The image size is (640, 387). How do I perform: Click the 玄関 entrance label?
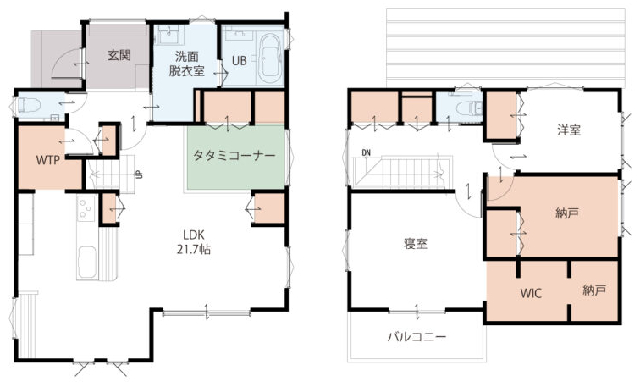[119, 55]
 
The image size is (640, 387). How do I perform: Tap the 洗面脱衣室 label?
[186, 64]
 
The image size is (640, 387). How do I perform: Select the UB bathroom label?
[240, 60]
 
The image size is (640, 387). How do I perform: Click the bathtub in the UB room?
[270, 56]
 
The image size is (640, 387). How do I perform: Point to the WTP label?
[48, 160]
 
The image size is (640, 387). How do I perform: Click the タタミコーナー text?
[234, 156]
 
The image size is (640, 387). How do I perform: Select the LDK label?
[194, 235]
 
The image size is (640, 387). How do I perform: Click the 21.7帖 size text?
[194, 249]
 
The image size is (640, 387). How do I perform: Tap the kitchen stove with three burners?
[86, 208]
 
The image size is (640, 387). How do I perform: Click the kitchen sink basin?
[87, 263]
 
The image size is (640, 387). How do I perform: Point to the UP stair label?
[139, 174]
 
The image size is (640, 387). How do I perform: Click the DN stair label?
[366, 153]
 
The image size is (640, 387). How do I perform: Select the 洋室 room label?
[569, 130]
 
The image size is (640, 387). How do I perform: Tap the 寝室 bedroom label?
[415, 244]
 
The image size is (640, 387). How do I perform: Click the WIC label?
[531, 293]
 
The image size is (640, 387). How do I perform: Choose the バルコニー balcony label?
[417, 337]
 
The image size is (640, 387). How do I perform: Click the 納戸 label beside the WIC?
[594, 290]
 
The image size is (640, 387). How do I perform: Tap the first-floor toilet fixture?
[29, 105]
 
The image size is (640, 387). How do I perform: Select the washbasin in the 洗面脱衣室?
[168, 36]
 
